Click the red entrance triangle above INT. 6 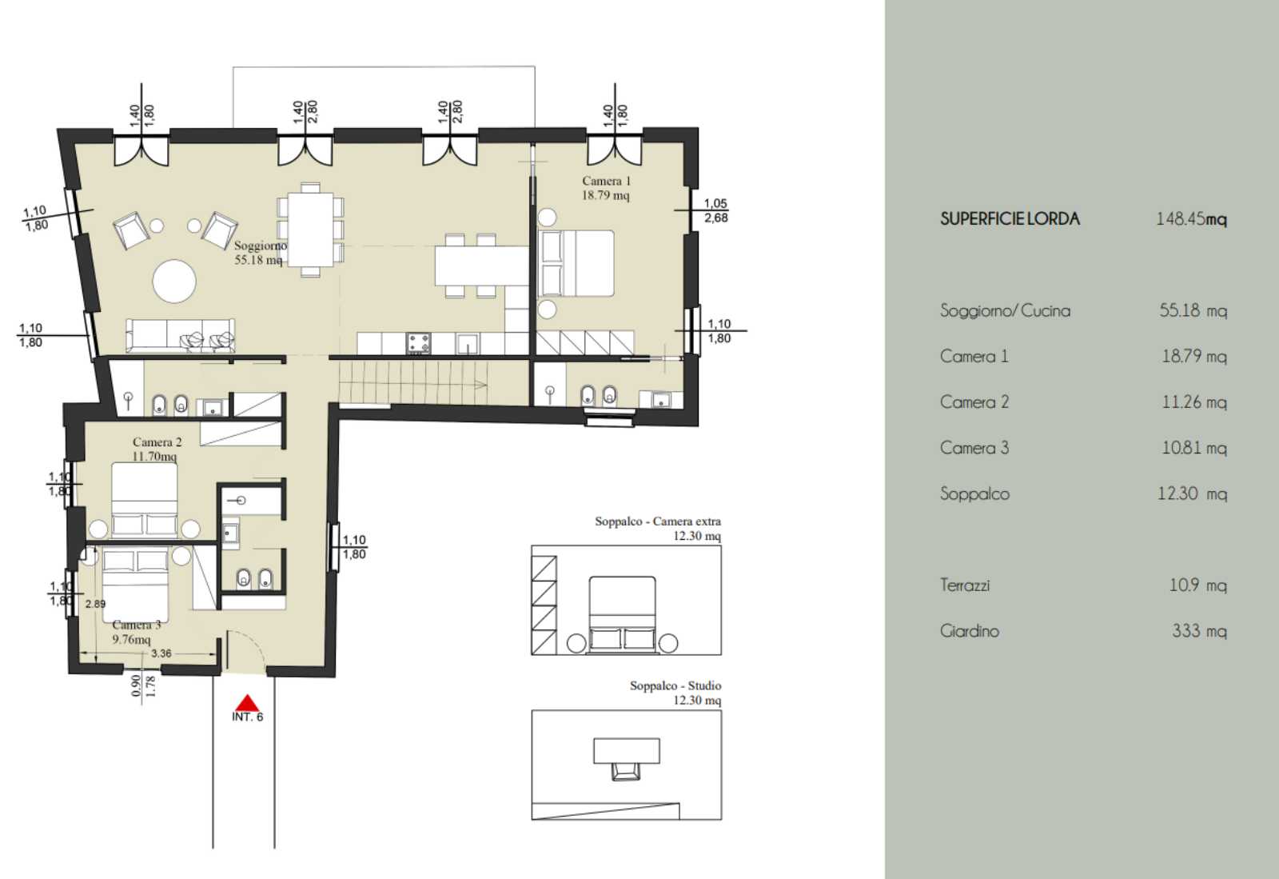coord(247,703)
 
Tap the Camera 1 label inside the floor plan coord(606,188)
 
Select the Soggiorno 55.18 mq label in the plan coord(259,253)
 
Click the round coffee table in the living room coord(174,281)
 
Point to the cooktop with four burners coord(419,342)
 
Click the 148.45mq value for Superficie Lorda coord(1192,219)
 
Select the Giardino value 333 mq coord(1200,631)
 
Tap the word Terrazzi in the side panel coord(965,585)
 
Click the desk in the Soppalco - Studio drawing coord(627,750)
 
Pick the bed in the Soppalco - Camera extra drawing coord(623,614)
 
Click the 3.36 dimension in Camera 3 coord(161,653)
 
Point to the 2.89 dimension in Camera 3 coord(95,604)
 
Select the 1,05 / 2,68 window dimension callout coord(715,210)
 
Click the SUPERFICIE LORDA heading coord(1010,219)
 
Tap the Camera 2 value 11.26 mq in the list coord(1194,402)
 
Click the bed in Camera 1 coord(577,263)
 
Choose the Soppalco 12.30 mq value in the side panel coord(1192,493)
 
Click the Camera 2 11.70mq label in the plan coord(156,449)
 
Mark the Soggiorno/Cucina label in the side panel coord(1006,310)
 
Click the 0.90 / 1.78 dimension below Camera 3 coord(143,685)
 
